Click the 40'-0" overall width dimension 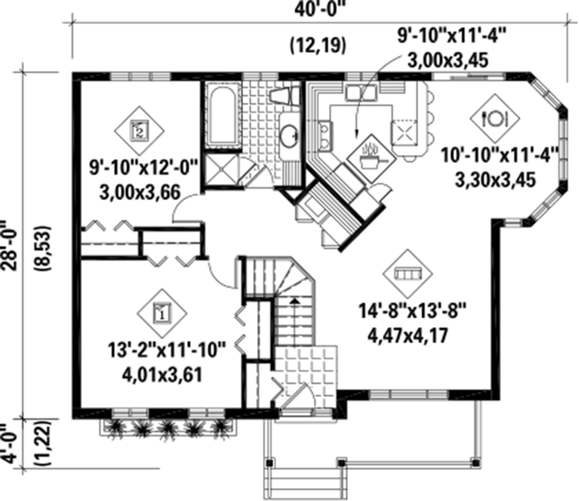tap(322, 9)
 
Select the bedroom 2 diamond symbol tap(139, 131)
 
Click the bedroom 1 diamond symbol tap(162, 313)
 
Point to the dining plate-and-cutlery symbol tap(495, 118)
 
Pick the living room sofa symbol tap(408, 274)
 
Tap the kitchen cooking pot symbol tap(372, 158)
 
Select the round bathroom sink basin tap(289, 136)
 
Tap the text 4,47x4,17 tap(408, 336)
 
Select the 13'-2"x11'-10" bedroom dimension tap(166, 350)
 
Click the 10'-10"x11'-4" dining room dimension tap(500, 155)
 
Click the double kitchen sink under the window tap(361, 92)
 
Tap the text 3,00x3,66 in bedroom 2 tap(140, 192)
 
